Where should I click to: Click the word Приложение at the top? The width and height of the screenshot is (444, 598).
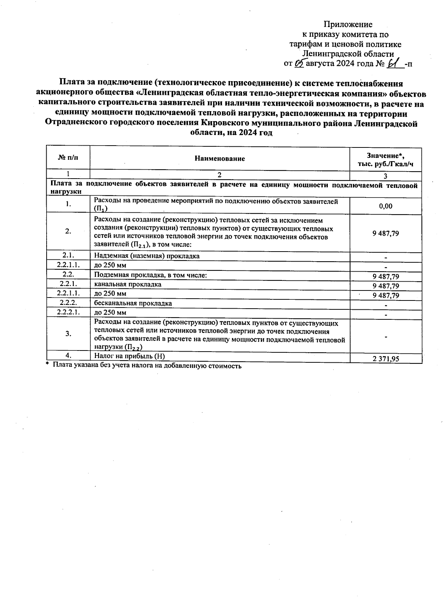pyautogui.click(x=348, y=24)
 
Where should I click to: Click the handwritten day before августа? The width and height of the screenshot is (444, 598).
pyautogui.click(x=299, y=63)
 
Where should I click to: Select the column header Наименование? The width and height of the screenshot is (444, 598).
pyautogui.click(x=220, y=159)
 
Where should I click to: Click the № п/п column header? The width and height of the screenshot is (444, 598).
pyautogui.click(x=68, y=158)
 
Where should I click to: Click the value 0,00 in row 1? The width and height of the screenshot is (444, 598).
pyautogui.click(x=386, y=206)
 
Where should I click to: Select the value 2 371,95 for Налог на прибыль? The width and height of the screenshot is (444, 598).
pyautogui.click(x=386, y=358)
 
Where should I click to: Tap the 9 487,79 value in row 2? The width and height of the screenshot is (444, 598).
pyautogui.click(x=386, y=233)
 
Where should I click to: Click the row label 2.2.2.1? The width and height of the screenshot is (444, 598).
pyautogui.click(x=68, y=312)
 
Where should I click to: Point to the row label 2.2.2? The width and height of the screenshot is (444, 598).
pyautogui.click(x=68, y=303)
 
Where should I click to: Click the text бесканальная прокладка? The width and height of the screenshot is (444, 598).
pyautogui.click(x=133, y=303)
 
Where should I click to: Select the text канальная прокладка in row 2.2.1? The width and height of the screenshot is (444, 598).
pyautogui.click(x=128, y=284)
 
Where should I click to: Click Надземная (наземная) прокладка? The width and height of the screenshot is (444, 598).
pyautogui.click(x=147, y=256)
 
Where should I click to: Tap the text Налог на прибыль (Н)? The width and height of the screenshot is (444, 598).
pyautogui.click(x=129, y=356)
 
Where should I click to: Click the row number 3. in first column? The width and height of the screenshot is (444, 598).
pyautogui.click(x=68, y=333)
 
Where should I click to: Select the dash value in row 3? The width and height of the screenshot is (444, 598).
pyautogui.click(x=386, y=337)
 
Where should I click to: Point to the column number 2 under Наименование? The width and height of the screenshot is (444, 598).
pyautogui.click(x=219, y=175)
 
